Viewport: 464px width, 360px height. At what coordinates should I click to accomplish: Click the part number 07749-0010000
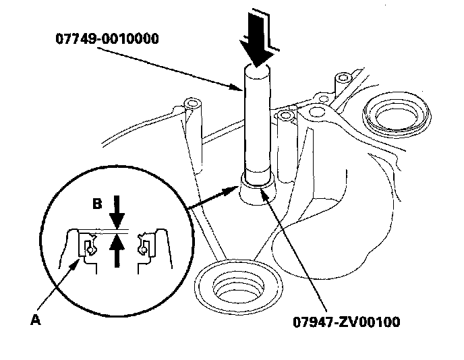pyautogui.click(x=107, y=38)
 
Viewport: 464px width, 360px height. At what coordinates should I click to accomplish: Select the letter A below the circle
pyautogui.click(x=36, y=321)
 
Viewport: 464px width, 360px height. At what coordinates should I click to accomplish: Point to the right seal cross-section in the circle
pyautogui.click(x=144, y=246)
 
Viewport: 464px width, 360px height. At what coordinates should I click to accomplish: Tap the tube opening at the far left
pyautogui.click(x=194, y=106)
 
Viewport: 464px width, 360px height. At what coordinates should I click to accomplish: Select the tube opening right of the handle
pyautogui.click(x=288, y=115)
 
